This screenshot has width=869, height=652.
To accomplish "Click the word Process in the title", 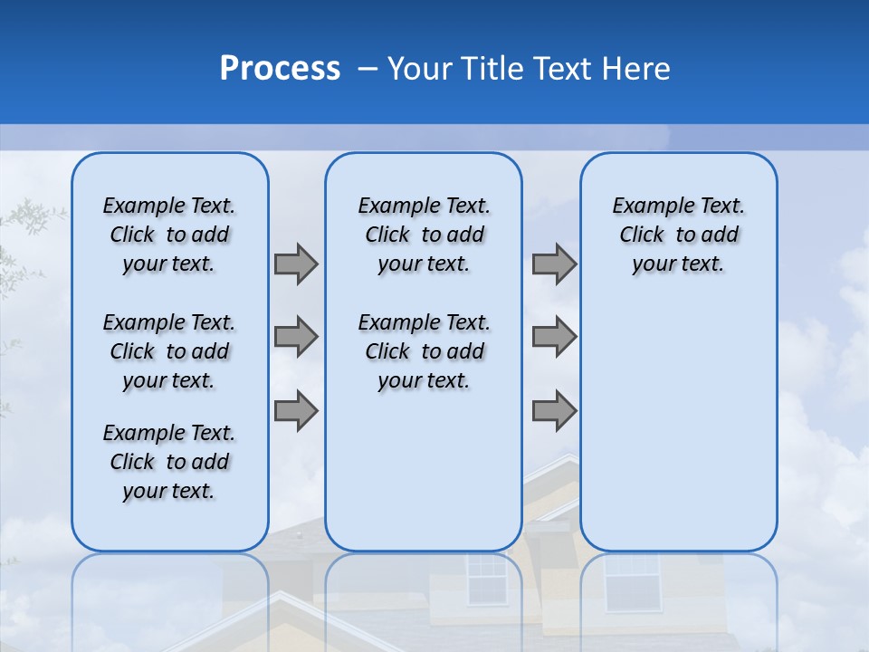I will pyautogui.click(x=280, y=69).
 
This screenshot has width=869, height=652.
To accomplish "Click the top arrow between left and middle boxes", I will pyautogui.click(x=296, y=264).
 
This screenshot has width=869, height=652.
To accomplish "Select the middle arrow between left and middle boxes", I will pyautogui.click(x=296, y=337).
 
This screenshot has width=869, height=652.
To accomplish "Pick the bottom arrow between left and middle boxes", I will pyautogui.click(x=296, y=410).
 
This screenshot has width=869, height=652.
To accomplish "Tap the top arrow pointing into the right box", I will pyautogui.click(x=554, y=264).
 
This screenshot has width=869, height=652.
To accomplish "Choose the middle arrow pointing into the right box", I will pyautogui.click(x=554, y=337).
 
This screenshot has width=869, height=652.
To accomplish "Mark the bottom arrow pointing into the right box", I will pyautogui.click(x=554, y=410).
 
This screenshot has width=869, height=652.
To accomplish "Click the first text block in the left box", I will pyautogui.click(x=169, y=235).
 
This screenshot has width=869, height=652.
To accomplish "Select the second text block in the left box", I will pyautogui.click(x=169, y=351).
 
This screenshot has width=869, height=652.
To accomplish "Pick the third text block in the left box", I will pyautogui.click(x=169, y=462).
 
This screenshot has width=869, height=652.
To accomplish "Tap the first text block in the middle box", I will pyautogui.click(x=424, y=235).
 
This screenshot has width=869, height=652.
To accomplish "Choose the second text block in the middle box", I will pyautogui.click(x=424, y=351).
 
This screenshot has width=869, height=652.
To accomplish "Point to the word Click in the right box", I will pyautogui.click(x=642, y=235).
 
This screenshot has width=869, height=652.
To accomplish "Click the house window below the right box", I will pyautogui.click(x=631, y=580).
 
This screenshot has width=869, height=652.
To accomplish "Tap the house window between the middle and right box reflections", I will pyautogui.click(x=487, y=580).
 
